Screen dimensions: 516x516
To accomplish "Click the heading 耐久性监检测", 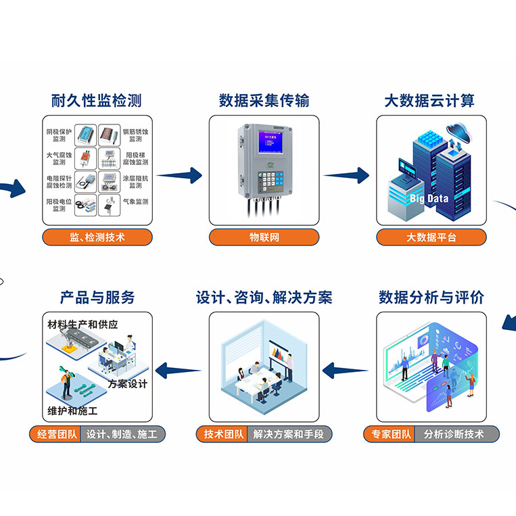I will coord(97,101).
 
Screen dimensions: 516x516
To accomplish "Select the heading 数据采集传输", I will coord(264,101).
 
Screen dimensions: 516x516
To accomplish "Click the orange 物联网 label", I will coord(264,237).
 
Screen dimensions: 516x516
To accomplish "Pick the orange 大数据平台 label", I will coord(431,237).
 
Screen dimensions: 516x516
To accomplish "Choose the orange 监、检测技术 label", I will coord(97,237).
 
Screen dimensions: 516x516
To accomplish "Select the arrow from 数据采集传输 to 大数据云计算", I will coord(348,176).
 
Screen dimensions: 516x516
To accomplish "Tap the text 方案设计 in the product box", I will coord(127,384).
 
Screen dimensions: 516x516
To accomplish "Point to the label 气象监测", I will coord(135,202).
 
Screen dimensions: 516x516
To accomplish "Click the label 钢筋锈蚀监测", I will coord(135,135).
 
